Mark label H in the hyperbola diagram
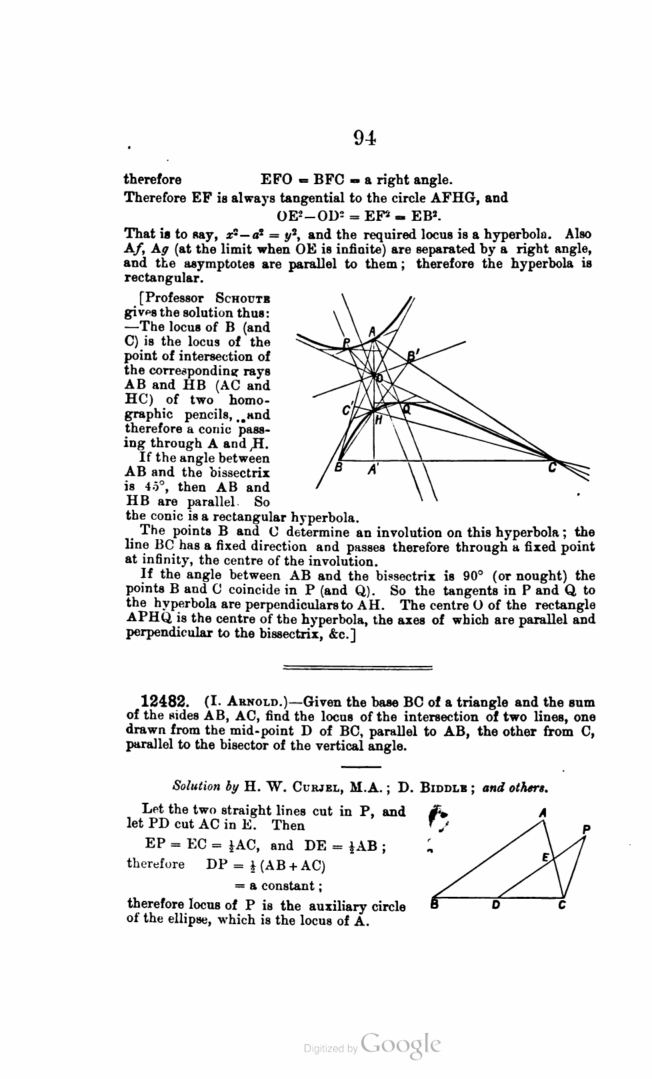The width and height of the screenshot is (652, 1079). (379, 420)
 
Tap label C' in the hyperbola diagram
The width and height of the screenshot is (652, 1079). (347, 412)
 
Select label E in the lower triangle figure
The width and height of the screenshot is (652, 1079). (545, 857)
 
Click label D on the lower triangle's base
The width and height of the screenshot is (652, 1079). (495, 906)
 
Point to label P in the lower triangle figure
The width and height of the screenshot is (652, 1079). (586, 828)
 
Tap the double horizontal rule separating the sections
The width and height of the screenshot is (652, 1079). (358, 667)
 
